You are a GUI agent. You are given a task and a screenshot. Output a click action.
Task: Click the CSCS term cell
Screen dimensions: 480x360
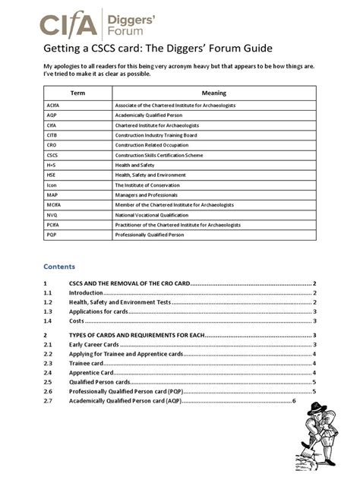pyautogui.click(x=52, y=154)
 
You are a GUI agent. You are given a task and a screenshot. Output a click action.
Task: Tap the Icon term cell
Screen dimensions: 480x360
pyautogui.click(x=52, y=185)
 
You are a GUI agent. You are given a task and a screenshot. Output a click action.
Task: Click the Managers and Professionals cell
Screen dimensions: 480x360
pyautogui.click(x=149, y=194)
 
